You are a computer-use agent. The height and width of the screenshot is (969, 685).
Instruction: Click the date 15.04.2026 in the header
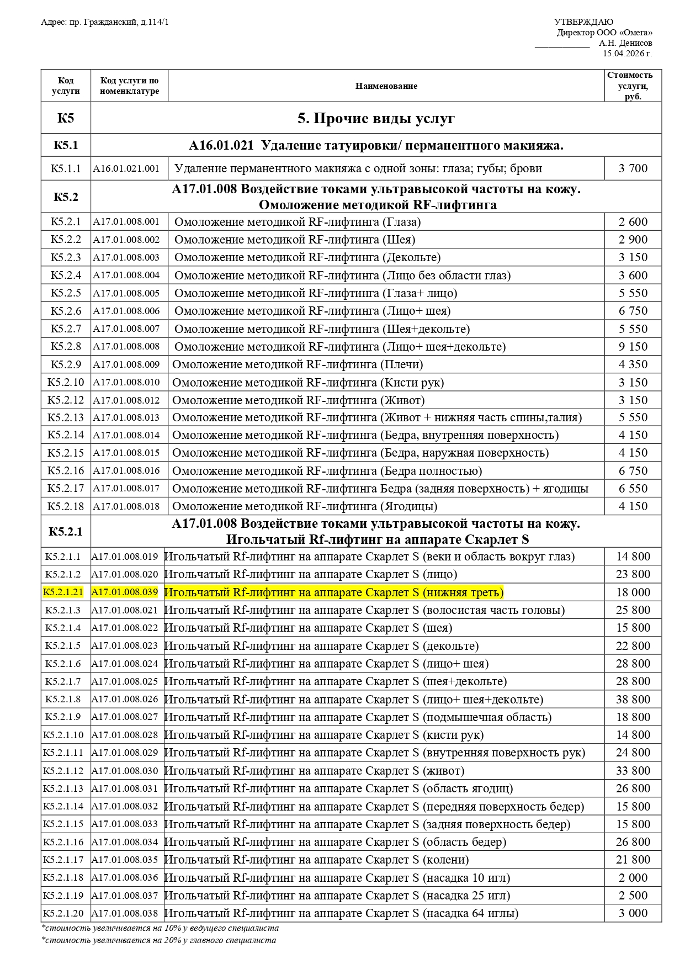click(627, 54)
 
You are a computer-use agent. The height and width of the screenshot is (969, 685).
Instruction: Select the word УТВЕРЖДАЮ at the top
click(583, 22)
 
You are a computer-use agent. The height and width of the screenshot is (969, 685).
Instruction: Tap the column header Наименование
click(386, 86)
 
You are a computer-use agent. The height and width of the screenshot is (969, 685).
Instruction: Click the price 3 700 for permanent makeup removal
click(633, 168)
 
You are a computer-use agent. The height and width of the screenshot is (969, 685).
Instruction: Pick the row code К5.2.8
click(66, 347)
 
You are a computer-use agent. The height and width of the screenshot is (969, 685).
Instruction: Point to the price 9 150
click(633, 347)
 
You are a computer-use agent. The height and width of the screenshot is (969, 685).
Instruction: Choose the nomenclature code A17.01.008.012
click(126, 400)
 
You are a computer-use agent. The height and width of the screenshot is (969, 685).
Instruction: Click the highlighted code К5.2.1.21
click(63, 592)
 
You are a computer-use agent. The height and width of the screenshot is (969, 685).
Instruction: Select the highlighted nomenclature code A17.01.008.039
click(125, 592)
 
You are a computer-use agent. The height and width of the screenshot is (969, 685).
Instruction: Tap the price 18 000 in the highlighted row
click(633, 592)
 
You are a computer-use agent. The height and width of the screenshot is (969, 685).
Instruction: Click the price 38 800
click(633, 700)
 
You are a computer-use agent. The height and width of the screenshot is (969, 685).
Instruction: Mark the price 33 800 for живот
click(633, 771)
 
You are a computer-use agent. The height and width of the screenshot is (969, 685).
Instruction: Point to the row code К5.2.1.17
click(63, 860)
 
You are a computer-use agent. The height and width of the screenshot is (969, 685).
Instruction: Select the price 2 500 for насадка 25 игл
click(633, 896)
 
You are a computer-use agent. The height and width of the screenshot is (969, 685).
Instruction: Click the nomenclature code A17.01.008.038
click(125, 913)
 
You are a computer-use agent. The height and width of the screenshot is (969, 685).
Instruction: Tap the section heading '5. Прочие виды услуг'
click(376, 118)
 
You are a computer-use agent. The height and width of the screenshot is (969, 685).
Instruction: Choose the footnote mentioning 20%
click(159, 940)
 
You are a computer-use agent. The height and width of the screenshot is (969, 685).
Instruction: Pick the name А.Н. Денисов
click(625, 43)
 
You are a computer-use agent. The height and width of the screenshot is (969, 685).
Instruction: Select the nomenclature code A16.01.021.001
click(126, 168)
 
